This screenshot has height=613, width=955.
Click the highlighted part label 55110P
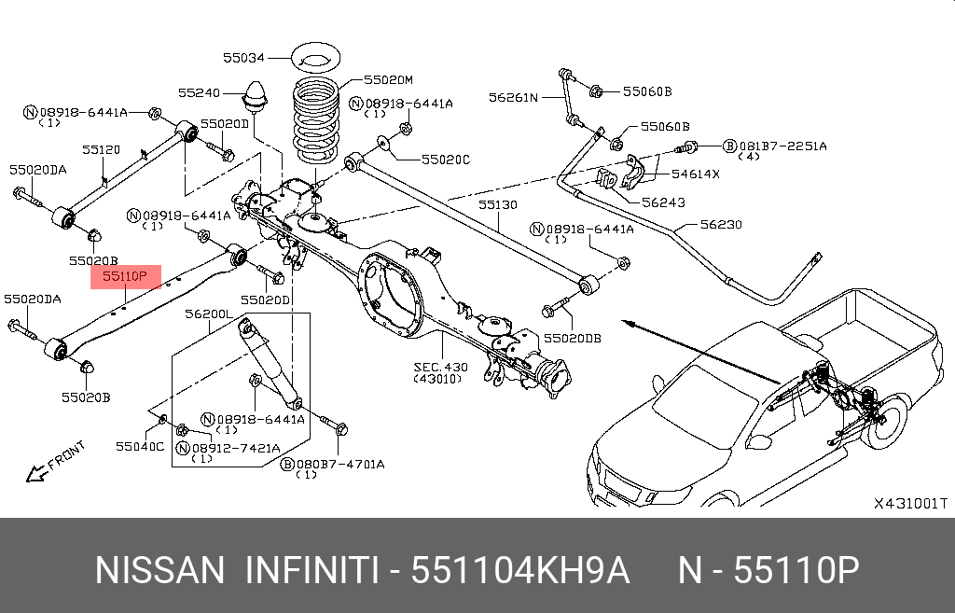[125, 276]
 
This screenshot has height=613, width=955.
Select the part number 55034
[243, 58]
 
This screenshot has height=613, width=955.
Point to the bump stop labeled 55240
[255, 98]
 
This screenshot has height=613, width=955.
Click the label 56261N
[514, 97]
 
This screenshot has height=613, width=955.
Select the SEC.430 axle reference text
[441, 368]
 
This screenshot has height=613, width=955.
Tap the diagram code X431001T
[909, 503]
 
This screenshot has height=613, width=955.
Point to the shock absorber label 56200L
[208, 314]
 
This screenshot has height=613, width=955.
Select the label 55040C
[140, 447]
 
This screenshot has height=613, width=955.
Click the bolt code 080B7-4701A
[339, 463]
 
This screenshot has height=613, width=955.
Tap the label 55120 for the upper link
[101, 149]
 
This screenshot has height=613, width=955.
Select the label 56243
[663, 202]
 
